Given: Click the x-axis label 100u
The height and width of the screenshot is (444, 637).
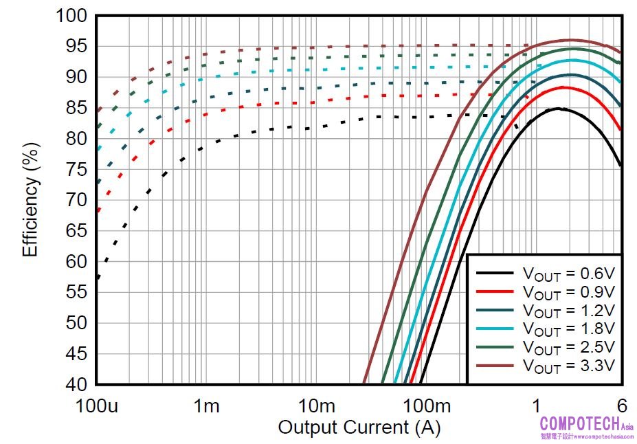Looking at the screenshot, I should pyautogui.click(x=96, y=406).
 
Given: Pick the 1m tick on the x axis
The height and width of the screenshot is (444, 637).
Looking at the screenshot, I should pyautogui.click(x=205, y=406).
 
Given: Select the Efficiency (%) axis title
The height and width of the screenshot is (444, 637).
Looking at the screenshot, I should pyautogui.click(x=30, y=199).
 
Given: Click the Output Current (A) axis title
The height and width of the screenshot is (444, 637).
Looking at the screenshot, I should pyautogui.click(x=359, y=428).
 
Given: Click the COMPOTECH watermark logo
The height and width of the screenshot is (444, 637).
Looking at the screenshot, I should pyautogui.click(x=586, y=424).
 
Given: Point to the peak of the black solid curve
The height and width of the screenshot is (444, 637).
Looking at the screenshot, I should pyautogui.click(x=559, y=109).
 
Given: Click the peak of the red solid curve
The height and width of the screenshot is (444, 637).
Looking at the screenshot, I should pyautogui.click(x=563, y=87).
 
